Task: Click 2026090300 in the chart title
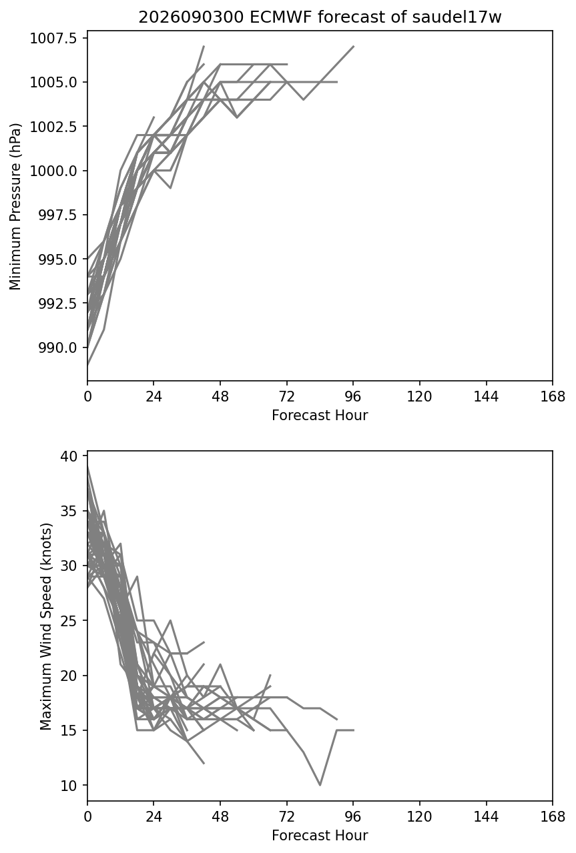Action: pos(191,17)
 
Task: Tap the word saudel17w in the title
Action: pos(457,17)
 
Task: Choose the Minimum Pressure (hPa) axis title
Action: pos(15,206)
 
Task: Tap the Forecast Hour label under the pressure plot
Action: pos(320,415)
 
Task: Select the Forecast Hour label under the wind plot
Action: pos(320,836)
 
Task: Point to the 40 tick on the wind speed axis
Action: pos(69,456)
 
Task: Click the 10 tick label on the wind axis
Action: pos(69,785)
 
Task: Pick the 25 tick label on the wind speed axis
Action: pos(69,621)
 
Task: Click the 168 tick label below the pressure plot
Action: pos(553,397)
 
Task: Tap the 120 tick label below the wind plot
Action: pos(420,817)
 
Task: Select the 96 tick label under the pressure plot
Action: pos(353,397)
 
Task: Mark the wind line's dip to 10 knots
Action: pos(320,785)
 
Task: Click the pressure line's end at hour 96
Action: pos(353,47)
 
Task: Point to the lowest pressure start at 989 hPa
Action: pos(87,365)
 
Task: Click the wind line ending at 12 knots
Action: pos(204,763)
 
